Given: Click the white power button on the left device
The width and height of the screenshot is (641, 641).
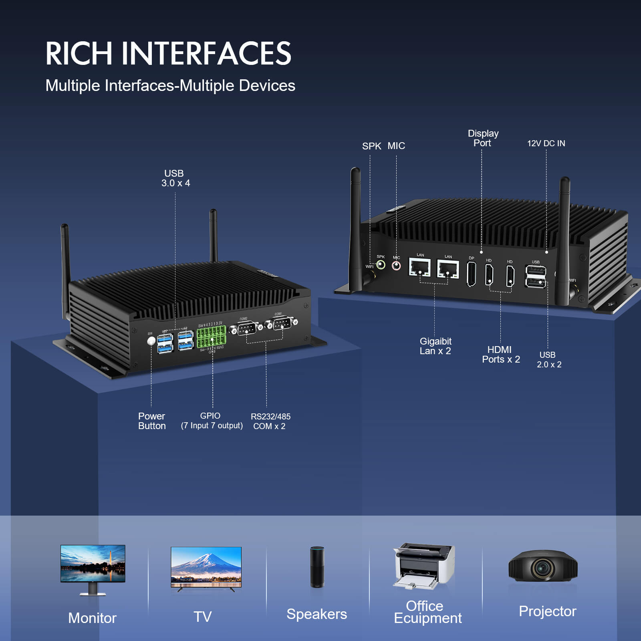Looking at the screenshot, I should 151,341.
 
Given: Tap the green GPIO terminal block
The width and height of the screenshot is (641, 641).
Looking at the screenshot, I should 211,337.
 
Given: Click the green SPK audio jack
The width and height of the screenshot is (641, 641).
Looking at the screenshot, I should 381,265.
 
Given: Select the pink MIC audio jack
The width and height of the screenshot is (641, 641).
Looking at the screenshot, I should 396,266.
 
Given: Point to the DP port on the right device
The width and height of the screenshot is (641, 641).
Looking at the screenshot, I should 472,274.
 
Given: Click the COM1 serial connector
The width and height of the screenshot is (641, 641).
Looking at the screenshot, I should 281,323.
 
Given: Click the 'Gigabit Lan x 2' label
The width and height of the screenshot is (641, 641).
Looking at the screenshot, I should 435,346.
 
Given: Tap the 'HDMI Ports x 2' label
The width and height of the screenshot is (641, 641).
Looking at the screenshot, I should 501,355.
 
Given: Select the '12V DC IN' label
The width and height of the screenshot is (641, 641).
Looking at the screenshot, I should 546,143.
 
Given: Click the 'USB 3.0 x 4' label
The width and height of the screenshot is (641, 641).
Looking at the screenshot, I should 175,178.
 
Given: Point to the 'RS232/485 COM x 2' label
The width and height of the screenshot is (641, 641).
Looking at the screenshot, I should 270,421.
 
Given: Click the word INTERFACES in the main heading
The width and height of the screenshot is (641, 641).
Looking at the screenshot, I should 206,53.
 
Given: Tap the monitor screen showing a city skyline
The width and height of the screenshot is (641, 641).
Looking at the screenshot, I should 93,563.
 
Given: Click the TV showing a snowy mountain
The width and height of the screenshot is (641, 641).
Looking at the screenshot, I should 206,566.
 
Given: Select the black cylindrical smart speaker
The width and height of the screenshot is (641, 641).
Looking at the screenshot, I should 317,567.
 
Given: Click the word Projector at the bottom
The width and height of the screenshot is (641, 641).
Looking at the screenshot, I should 547,611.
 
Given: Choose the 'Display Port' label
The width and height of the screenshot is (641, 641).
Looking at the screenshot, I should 483,138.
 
